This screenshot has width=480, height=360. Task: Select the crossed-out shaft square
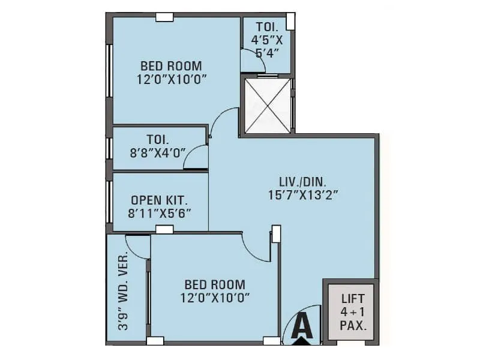(x=266, y=105)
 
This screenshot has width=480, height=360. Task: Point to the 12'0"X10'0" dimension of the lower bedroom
(x=214, y=298)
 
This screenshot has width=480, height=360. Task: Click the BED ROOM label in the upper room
(x=171, y=65)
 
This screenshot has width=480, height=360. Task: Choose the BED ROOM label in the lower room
(x=214, y=284)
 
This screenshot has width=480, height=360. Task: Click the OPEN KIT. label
(x=160, y=199)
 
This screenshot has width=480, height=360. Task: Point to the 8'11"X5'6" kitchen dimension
(x=160, y=212)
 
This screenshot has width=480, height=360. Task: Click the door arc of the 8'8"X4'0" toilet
(x=194, y=157)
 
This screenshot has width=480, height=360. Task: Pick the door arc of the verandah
(x=137, y=248)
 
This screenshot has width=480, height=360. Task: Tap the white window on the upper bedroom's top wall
(x=164, y=17)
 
